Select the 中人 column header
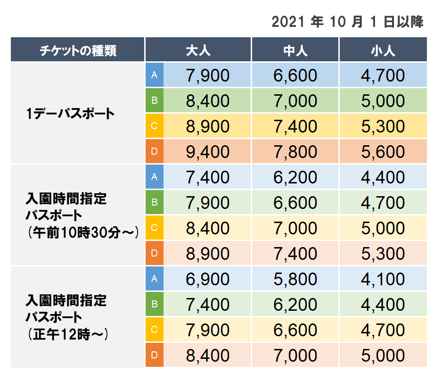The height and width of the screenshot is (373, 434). coord(295,50)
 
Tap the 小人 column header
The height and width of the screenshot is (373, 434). coord(383,50)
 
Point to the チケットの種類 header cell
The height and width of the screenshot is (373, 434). coord(78,50)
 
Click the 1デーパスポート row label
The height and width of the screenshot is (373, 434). coord(71,114)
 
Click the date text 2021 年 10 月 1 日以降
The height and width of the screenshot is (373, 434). coord(348,22)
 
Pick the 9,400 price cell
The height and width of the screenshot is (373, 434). coord(208,152)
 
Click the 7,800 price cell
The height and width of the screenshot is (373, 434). coord(295,152)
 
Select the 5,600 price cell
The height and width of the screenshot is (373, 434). coord(383,152)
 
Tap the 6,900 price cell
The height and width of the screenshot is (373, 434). coord(208,279)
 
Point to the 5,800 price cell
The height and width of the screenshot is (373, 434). coord(295,279)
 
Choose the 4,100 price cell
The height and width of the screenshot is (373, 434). coord(383,279)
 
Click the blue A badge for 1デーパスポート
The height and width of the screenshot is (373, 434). coord(154,75)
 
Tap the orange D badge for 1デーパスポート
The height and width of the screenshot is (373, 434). coord(154,151)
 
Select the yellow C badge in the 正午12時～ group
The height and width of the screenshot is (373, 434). coord(154,330)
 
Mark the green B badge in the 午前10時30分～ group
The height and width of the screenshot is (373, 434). coord(154,202)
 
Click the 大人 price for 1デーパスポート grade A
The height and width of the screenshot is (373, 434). coord(208,75)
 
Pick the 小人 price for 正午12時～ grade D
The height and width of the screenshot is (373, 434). coord(383,356)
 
